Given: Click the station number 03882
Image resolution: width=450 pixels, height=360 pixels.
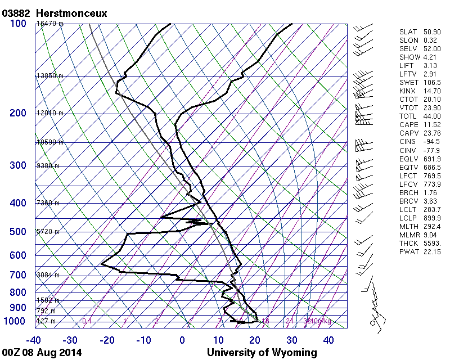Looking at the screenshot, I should point(16,12).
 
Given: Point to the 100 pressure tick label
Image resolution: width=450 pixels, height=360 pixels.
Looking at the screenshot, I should point(18,24).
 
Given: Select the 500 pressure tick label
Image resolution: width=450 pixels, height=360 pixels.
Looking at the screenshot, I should point(18,232).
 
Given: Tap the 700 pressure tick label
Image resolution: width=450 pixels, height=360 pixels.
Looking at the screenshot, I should point(18,275).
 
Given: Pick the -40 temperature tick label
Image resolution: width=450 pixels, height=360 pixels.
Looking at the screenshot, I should point(34,340).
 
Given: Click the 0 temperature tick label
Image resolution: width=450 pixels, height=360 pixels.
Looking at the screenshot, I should point(182,340).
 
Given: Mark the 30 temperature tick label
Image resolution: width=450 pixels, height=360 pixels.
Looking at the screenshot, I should point(291,340).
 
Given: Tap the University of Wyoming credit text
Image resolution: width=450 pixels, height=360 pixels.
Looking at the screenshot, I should point(262,353).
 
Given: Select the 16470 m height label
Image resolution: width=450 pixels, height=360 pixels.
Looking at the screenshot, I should point(50,24).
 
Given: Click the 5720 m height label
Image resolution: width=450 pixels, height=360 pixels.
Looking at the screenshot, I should point(48,232).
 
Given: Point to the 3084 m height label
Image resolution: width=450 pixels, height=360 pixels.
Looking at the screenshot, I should point(48,275).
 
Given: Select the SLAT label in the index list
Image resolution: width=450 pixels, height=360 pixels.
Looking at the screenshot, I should point(408,31).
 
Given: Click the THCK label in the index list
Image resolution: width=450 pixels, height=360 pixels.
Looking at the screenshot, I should point(408,242).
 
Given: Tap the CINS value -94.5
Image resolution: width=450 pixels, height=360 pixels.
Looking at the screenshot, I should point(431,141).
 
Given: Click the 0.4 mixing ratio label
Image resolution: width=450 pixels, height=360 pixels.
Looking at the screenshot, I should point(87,321).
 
